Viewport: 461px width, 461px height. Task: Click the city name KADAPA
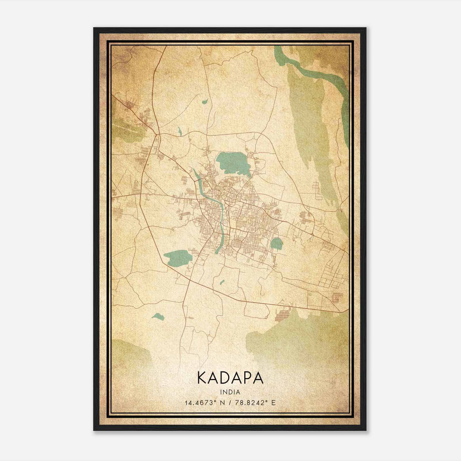click(230, 378)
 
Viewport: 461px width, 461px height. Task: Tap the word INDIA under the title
click(230, 392)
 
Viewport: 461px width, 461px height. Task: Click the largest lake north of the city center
click(232, 162)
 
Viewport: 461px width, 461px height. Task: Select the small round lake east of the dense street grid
click(276, 243)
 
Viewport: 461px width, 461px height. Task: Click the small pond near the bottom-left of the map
click(158, 316)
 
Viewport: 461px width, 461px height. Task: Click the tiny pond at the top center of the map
click(205, 101)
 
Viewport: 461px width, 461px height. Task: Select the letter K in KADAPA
click(202, 378)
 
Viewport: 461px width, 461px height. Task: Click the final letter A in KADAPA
click(258, 378)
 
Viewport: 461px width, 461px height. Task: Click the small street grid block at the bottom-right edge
click(337, 298)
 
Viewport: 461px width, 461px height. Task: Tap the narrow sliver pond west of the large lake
click(180, 132)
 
